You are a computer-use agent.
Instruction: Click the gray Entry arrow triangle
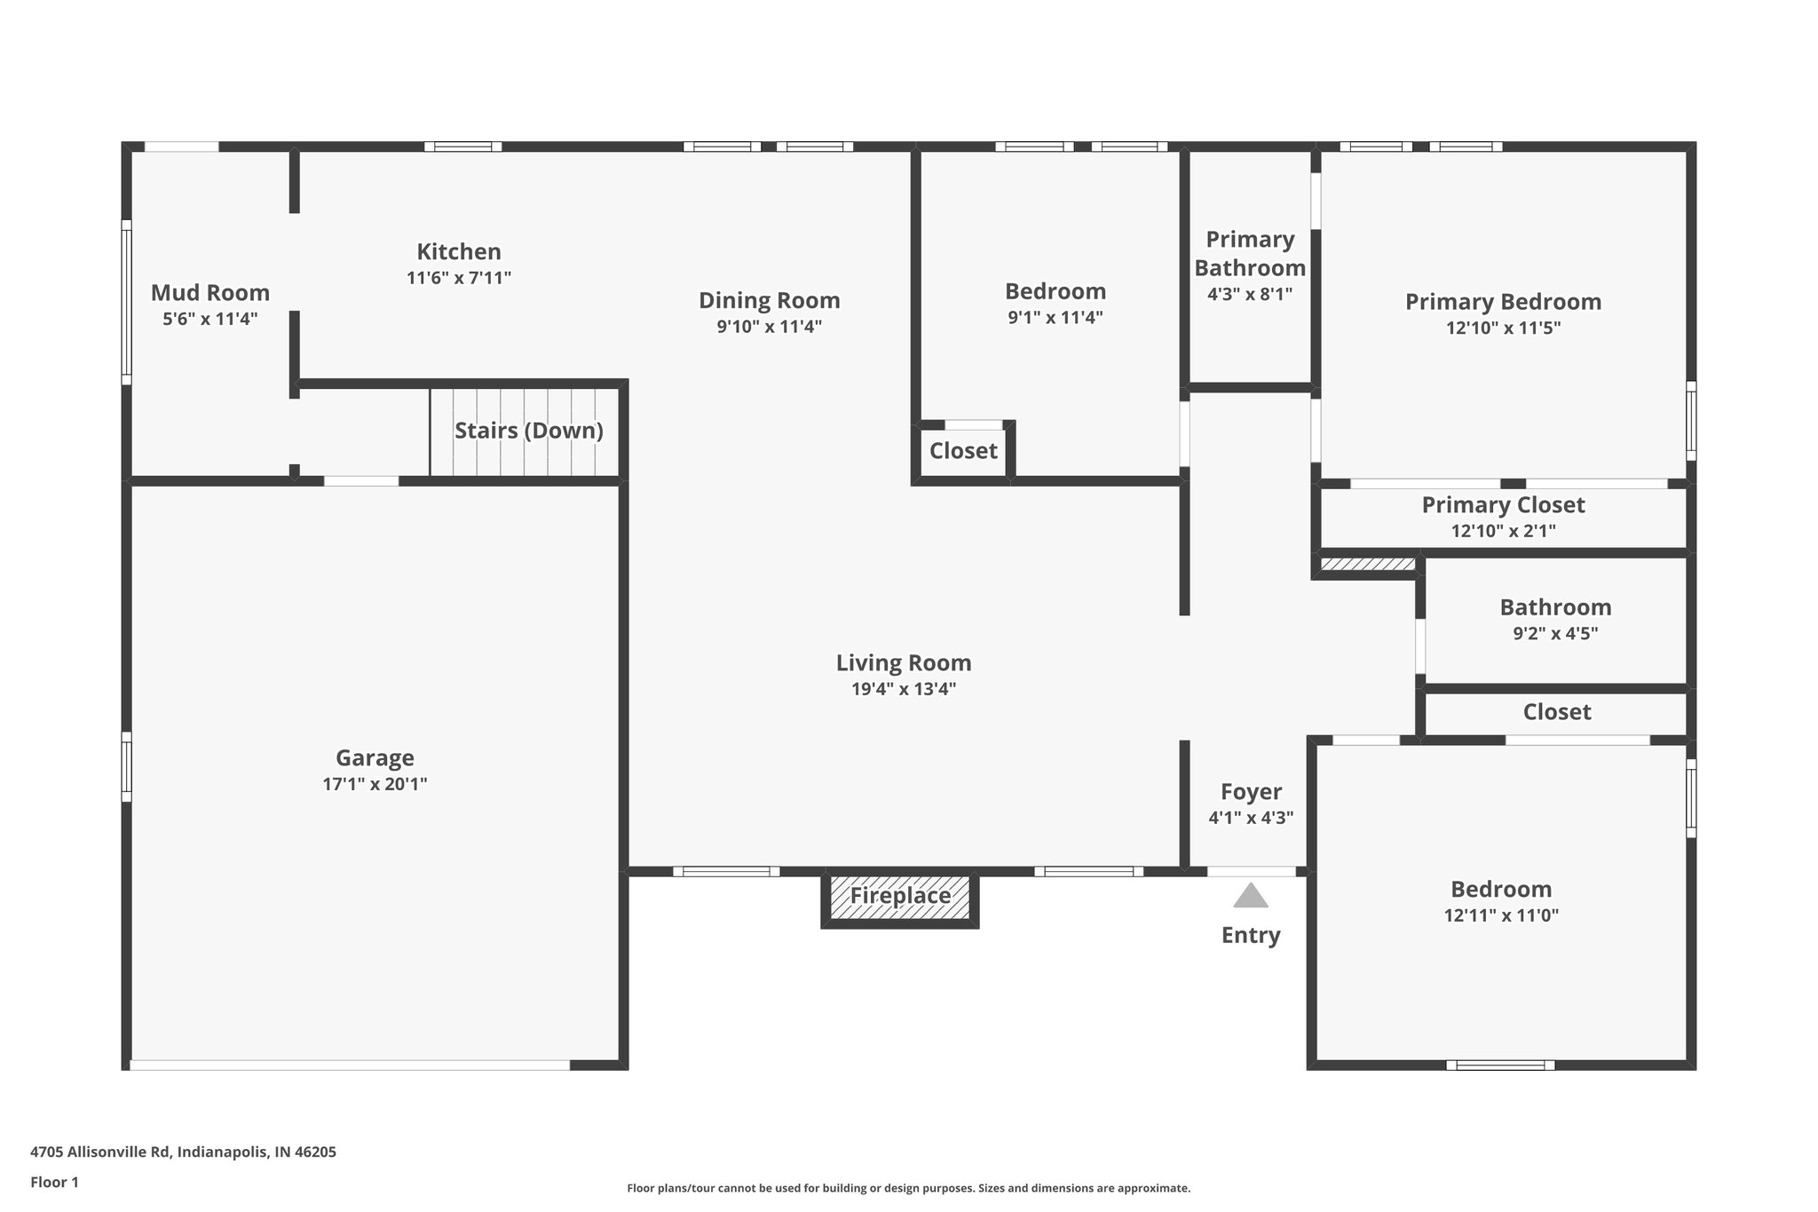(x=1250, y=896)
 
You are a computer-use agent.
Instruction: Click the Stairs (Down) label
(x=529, y=431)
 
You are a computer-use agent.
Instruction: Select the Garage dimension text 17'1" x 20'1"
(x=375, y=784)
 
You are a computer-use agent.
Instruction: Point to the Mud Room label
(x=210, y=292)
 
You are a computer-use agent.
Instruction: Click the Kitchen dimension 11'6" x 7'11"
(x=459, y=278)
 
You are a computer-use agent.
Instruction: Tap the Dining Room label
(x=769, y=300)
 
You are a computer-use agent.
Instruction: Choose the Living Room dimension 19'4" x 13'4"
(x=904, y=689)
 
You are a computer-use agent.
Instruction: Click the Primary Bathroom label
(x=1250, y=253)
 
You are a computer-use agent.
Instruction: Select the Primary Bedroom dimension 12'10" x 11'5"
(x=1503, y=328)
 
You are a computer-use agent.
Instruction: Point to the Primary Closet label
(x=1503, y=504)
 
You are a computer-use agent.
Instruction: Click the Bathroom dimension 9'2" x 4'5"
(x=1555, y=633)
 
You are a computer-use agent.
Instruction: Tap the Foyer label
(x=1251, y=791)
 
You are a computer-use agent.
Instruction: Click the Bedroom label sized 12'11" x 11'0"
(x=1501, y=889)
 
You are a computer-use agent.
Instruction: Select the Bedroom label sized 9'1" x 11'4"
(x=1055, y=291)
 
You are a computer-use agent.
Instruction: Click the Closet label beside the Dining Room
(x=963, y=451)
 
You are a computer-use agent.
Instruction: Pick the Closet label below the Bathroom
(x=1556, y=711)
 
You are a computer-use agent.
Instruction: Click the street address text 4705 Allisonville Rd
(x=183, y=1152)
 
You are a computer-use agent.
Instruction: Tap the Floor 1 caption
(x=54, y=1182)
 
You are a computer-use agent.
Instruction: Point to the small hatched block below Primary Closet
(x=1367, y=565)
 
